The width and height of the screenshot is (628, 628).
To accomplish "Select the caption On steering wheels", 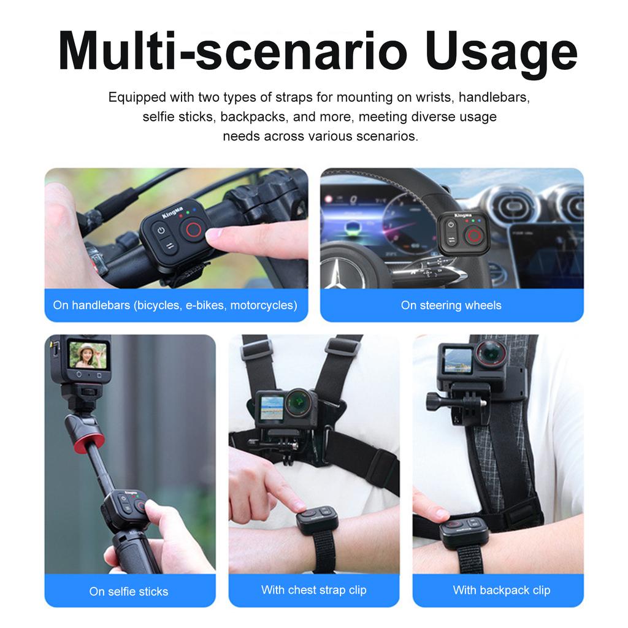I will (x=451, y=305).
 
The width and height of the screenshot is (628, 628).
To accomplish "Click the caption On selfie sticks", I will (x=129, y=591).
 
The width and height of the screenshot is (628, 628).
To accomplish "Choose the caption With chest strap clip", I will (x=313, y=590).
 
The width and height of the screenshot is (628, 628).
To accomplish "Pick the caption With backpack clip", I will (x=501, y=590).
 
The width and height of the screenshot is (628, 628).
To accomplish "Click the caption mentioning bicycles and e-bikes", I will (x=175, y=305).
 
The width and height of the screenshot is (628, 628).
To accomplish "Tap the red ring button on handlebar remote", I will (x=193, y=231).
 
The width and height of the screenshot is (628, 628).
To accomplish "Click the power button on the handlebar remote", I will (x=162, y=232).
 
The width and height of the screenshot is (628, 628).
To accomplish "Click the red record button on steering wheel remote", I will (x=471, y=235).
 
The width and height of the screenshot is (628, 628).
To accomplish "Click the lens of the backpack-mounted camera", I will (x=491, y=356).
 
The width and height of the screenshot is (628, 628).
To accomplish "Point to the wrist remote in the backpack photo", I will (x=464, y=530).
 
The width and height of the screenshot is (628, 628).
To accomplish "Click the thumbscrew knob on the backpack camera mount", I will (x=436, y=403).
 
